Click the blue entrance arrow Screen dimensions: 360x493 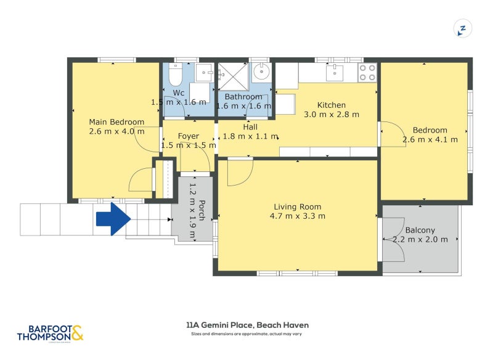113,219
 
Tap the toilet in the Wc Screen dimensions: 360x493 174,76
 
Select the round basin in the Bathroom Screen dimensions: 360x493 262,72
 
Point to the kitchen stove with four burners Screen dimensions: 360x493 368,73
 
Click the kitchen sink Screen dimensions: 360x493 335,73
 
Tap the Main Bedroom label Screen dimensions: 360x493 116,121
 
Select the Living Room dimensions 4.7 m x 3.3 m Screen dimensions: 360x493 298,216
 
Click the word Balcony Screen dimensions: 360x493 421,231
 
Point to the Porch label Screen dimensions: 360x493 202,210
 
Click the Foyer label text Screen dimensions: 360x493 189,136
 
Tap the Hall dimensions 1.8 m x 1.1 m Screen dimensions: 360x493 250,136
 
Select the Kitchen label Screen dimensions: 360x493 332,105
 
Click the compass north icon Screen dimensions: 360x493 463,28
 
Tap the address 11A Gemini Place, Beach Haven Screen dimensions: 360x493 247,325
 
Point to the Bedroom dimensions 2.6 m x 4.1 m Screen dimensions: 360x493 430,139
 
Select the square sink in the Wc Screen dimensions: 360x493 204,73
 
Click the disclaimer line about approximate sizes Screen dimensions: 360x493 247,334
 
